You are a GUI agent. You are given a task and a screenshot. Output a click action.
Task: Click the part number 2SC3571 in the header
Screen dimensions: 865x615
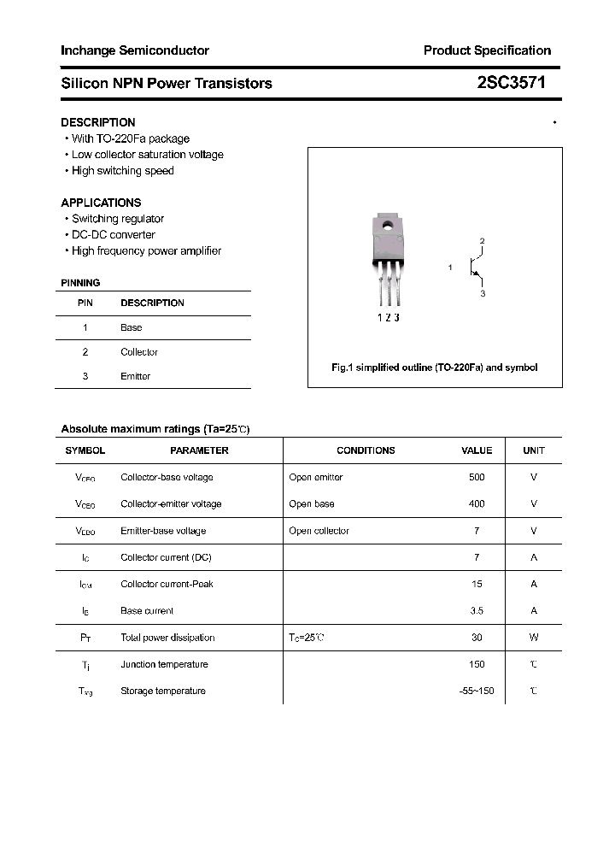coord(511,83)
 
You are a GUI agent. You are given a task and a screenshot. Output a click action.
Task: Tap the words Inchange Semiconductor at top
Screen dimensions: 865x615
coord(135,50)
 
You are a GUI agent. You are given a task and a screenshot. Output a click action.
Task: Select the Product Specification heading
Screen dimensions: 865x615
coord(487,50)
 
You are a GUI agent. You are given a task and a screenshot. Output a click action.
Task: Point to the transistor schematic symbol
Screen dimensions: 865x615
coord(474,268)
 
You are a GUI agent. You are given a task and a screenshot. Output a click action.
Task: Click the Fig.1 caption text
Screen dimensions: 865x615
coord(434,368)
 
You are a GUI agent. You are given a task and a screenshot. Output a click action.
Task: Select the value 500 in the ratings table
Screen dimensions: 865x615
coord(477,477)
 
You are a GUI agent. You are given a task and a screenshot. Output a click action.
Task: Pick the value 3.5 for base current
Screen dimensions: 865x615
coord(477,611)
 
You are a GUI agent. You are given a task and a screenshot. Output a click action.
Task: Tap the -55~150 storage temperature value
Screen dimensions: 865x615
coord(477,691)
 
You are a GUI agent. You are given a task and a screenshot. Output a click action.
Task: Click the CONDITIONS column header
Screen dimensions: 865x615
coord(366,450)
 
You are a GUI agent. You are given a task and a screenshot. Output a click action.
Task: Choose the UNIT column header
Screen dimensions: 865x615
coord(534,450)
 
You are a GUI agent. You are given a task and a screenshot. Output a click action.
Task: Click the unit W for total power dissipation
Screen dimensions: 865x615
coord(534,638)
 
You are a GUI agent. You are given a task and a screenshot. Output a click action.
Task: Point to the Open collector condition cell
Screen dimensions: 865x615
coord(319,531)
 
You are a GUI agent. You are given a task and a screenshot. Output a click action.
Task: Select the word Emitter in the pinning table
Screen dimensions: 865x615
coord(135,376)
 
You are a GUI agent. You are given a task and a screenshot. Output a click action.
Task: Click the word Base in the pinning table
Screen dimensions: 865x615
coord(132,327)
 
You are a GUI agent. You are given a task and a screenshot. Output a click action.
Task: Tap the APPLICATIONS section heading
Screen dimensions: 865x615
coord(101,203)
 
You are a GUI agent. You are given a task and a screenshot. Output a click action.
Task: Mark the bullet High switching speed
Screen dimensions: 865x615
coord(122,171)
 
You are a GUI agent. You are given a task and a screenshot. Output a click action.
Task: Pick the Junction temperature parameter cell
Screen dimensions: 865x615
coord(163,664)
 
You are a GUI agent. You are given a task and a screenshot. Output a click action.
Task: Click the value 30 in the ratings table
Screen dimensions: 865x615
coord(477,638)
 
